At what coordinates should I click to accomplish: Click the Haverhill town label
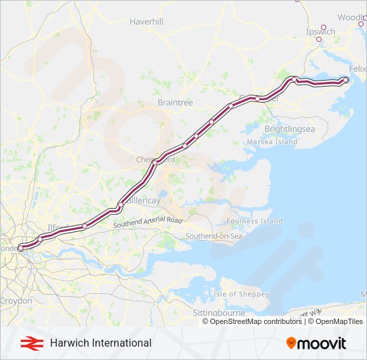click(147, 21)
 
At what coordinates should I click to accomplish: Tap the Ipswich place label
click(320, 31)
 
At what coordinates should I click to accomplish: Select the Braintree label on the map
click(175, 103)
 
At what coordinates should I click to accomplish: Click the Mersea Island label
click(272, 142)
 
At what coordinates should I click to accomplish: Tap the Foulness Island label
click(254, 221)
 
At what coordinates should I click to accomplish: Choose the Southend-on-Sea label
click(214, 236)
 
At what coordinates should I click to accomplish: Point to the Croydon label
click(16, 301)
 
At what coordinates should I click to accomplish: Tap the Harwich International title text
click(101, 343)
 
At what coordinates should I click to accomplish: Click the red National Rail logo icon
click(28, 343)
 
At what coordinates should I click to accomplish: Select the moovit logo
click(316, 343)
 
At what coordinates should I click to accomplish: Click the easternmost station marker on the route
click(346, 80)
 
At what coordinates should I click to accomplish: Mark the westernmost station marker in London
click(20, 248)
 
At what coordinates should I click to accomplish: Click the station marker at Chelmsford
click(155, 162)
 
